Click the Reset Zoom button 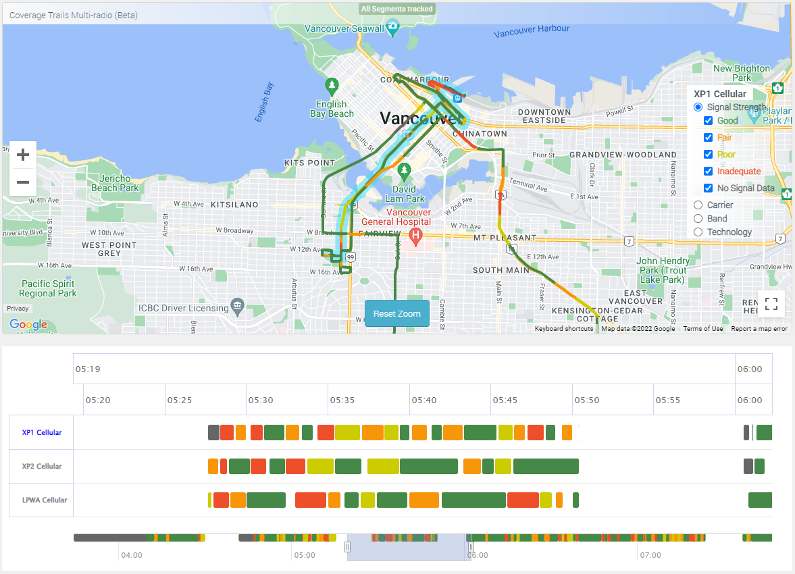[397, 313]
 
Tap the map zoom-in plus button [23, 155]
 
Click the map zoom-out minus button [23, 182]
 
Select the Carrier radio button [698, 205]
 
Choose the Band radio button [698, 219]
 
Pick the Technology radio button [698, 232]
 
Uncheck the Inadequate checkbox [708, 172]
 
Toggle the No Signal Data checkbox [708, 188]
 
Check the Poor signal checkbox [708, 155]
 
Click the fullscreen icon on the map [771, 304]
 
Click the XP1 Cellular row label [42, 432]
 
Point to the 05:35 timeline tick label [342, 400]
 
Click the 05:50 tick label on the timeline [587, 400]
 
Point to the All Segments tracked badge [397, 9]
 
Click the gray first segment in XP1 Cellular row [213, 432]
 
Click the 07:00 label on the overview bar [650, 556]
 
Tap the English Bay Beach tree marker [332, 86]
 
